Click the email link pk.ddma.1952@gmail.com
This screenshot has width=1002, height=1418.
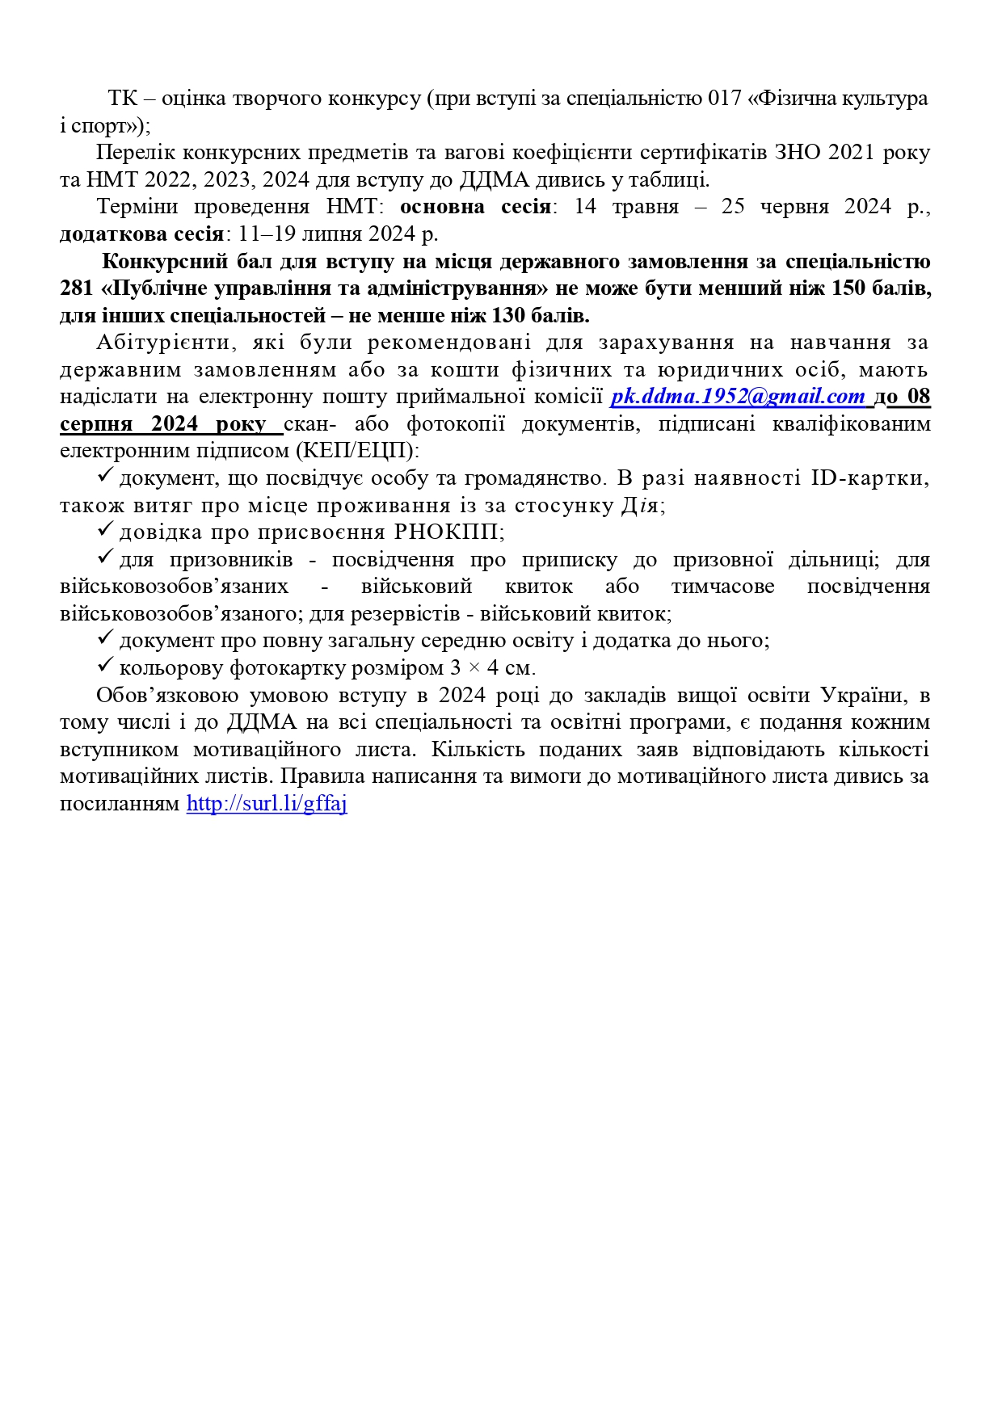coord(737,397)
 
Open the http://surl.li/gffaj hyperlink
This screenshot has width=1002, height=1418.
coord(267,804)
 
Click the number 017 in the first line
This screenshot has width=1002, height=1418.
coord(725,99)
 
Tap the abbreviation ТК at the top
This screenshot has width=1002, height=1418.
coord(123,99)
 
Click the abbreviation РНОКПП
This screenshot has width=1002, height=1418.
coord(448,532)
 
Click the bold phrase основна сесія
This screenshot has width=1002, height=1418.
coord(475,207)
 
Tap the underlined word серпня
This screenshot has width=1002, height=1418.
coord(95,424)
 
